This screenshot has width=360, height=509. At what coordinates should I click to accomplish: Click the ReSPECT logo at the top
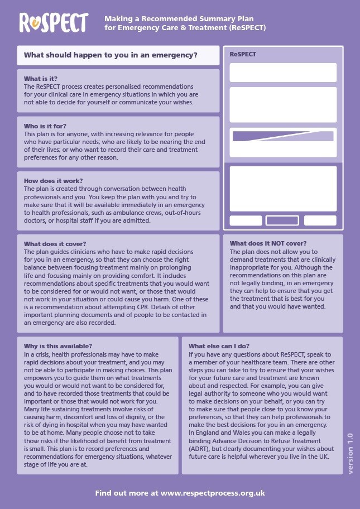[54, 22]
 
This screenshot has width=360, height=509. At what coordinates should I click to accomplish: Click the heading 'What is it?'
[40, 79]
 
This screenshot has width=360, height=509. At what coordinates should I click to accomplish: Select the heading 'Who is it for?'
[45, 126]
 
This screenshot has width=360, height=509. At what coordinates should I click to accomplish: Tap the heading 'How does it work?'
[53, 181]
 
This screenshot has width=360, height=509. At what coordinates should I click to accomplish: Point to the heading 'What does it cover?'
[55, 244]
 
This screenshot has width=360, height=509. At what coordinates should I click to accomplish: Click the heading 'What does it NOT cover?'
[268, 243]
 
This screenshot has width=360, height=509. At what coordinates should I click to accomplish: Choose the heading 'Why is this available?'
[58, 346]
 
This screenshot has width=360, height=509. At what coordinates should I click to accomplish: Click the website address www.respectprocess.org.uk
[212, 493]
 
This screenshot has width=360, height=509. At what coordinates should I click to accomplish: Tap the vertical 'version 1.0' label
[350, 453]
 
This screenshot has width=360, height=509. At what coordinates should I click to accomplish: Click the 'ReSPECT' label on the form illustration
[243, 55]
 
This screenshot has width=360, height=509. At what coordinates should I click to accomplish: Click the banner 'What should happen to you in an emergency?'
[111, 55]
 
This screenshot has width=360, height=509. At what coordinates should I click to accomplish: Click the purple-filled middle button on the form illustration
[282, 220]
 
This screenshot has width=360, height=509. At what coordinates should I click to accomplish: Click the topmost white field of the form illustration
[283, 73]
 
